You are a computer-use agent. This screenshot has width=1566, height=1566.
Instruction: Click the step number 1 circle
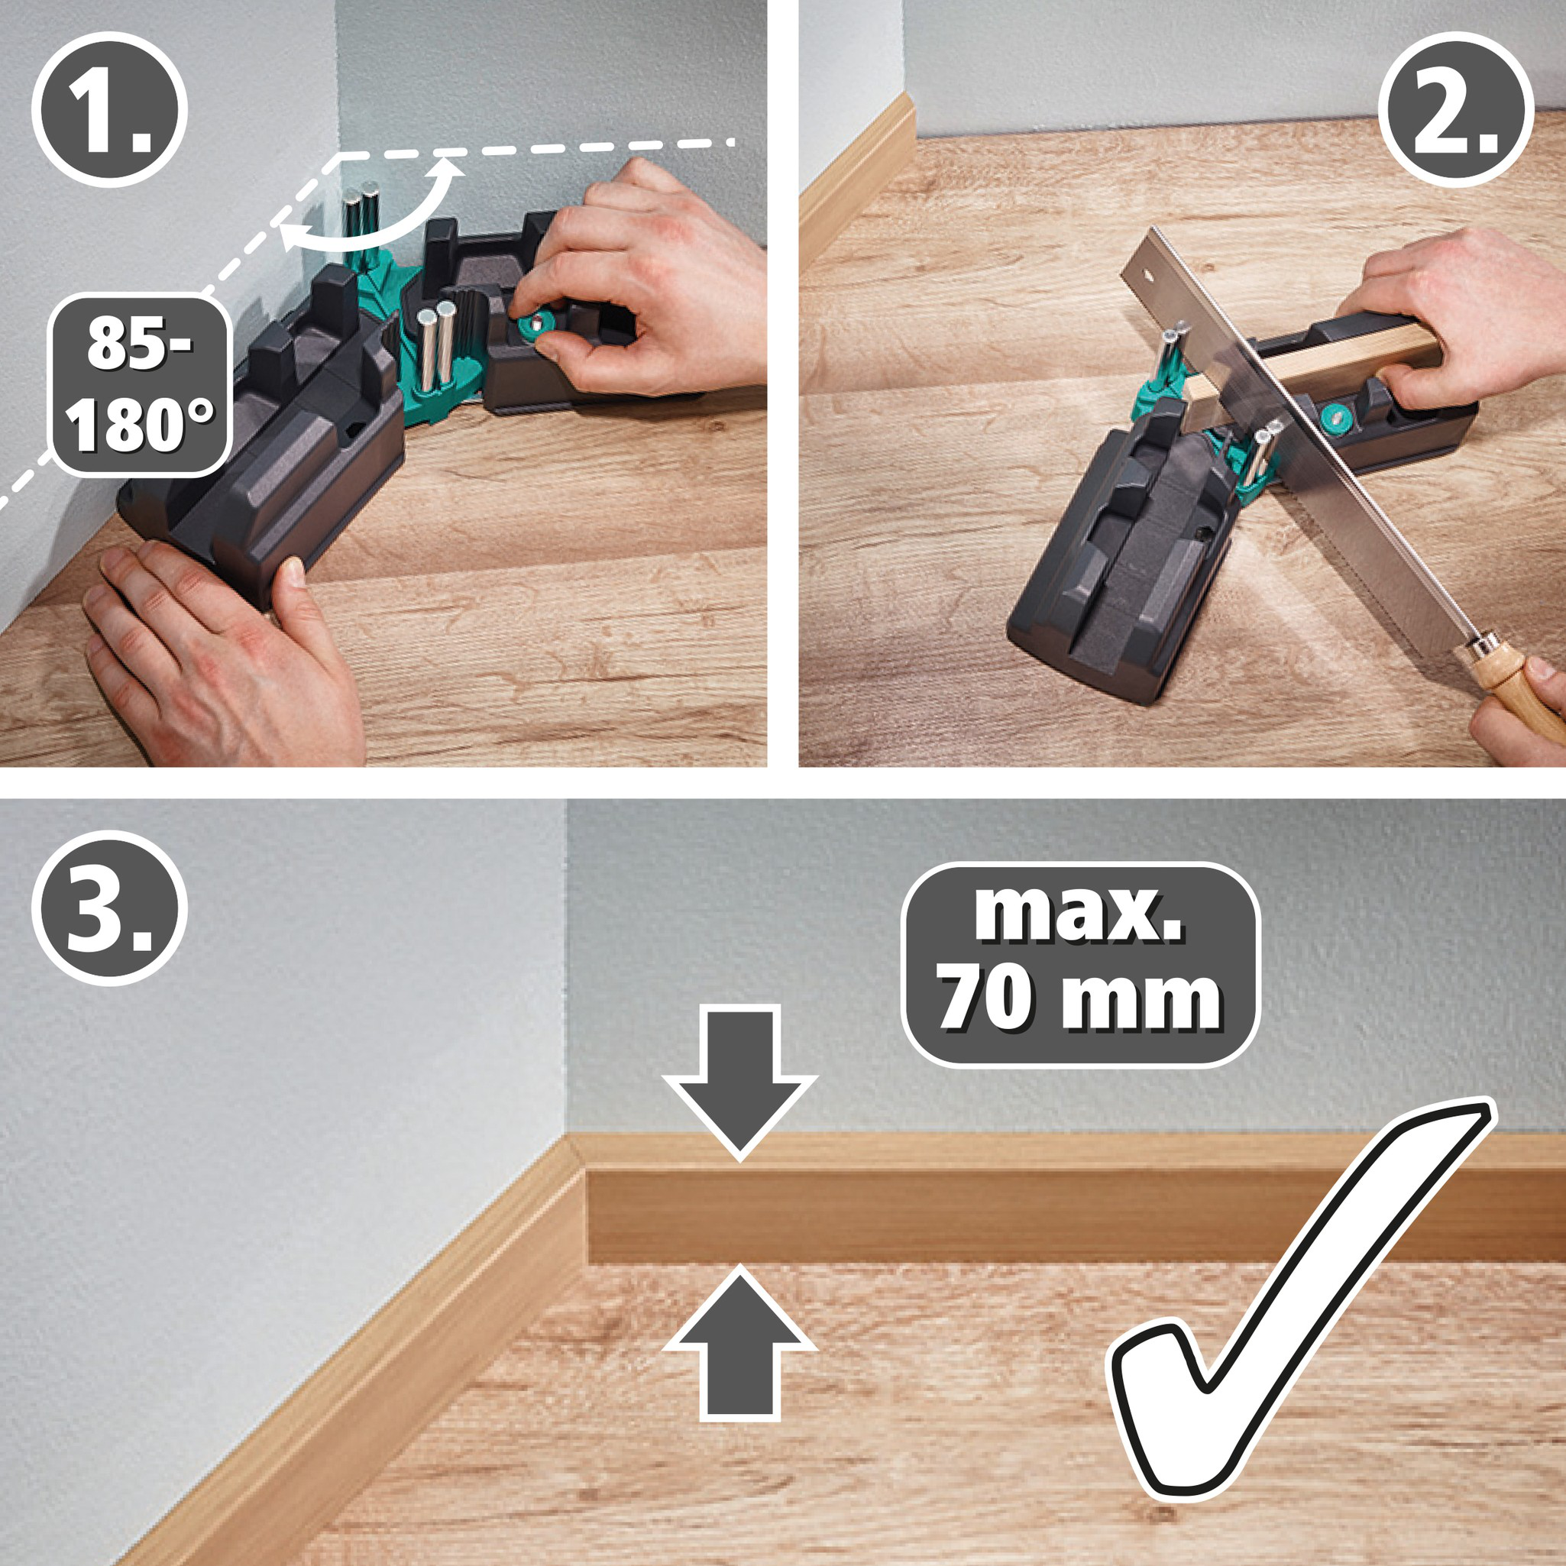click(109, 109)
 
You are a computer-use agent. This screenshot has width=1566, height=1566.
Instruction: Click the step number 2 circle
click(1456, 109)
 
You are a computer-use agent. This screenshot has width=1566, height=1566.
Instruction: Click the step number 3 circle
click(109, 907)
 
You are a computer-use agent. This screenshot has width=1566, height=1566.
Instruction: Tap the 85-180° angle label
click(140, 384)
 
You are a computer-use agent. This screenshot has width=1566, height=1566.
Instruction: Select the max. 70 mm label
click(1079, 964)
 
